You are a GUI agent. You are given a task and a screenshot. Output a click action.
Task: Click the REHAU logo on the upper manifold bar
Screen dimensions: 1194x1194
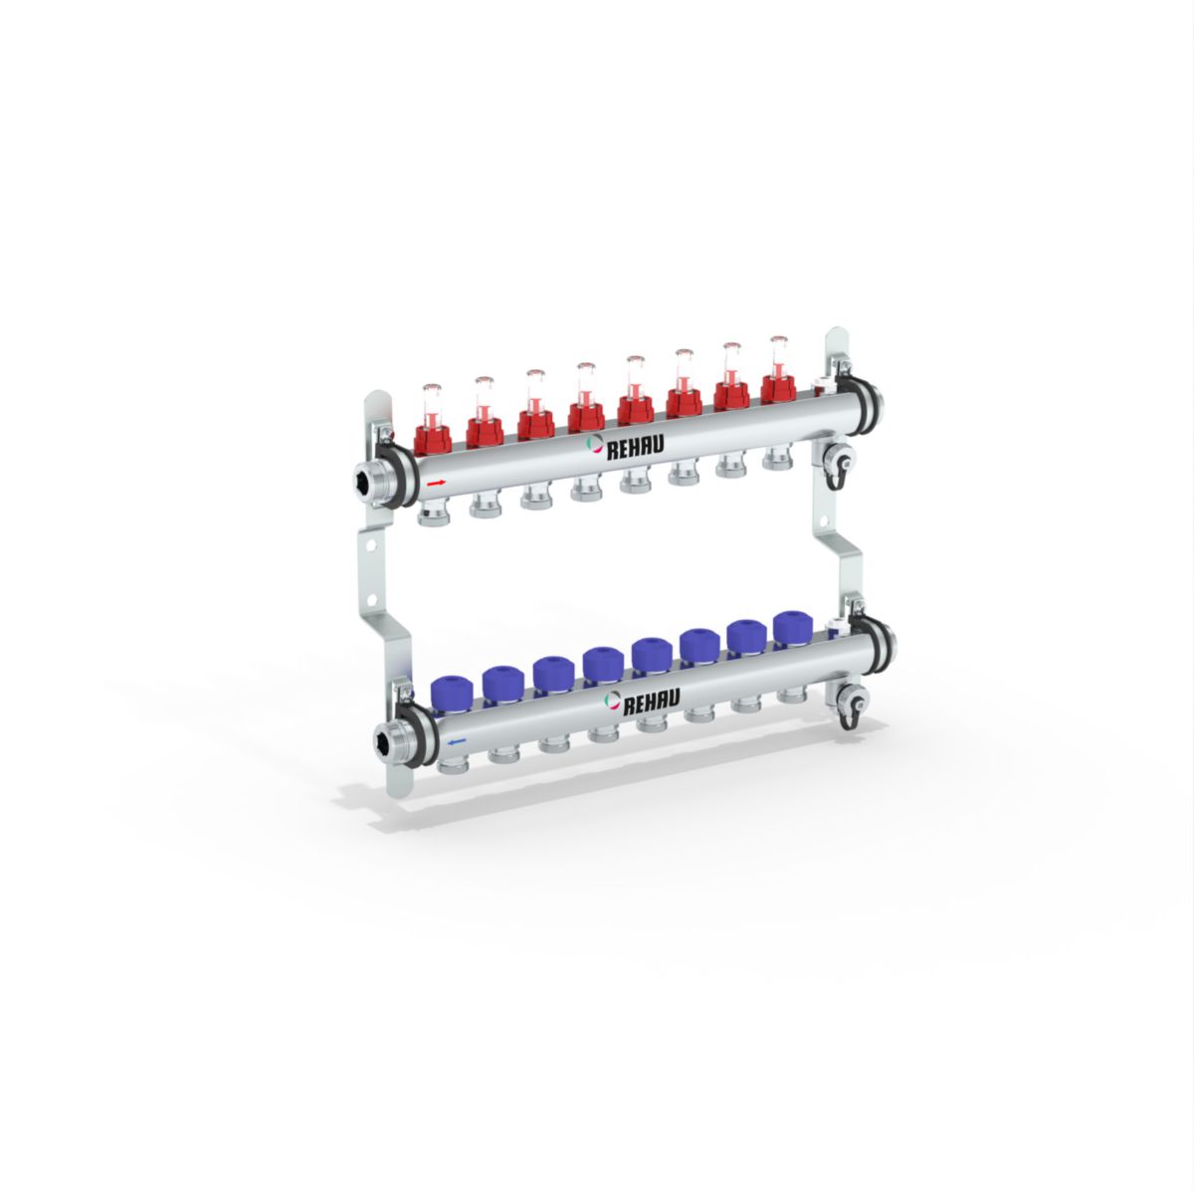625,446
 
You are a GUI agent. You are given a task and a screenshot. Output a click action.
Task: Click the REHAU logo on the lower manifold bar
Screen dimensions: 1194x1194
642,700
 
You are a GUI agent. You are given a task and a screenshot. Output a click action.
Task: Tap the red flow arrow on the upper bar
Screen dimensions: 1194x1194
436,482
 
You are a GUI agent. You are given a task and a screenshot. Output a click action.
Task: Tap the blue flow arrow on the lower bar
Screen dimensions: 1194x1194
456,741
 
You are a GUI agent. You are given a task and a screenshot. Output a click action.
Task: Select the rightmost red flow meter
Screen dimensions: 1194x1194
778,369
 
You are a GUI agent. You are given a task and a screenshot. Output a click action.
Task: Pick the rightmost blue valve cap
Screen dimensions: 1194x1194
793,628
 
